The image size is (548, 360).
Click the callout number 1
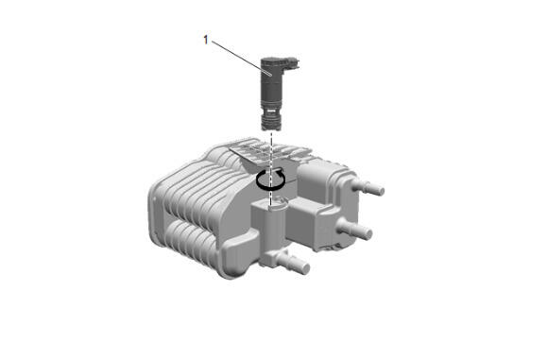tap(206, 41)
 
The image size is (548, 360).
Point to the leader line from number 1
tap(241, 58)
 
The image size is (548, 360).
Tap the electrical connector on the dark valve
tap(293, 64)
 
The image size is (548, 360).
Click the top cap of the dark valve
tap(274, 62)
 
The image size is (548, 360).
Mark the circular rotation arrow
tap(271, 180)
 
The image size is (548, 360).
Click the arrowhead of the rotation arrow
tap(279, 171)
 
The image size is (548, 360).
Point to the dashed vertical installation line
tap(271, 168)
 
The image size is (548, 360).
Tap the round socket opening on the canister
tap(278, 205)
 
